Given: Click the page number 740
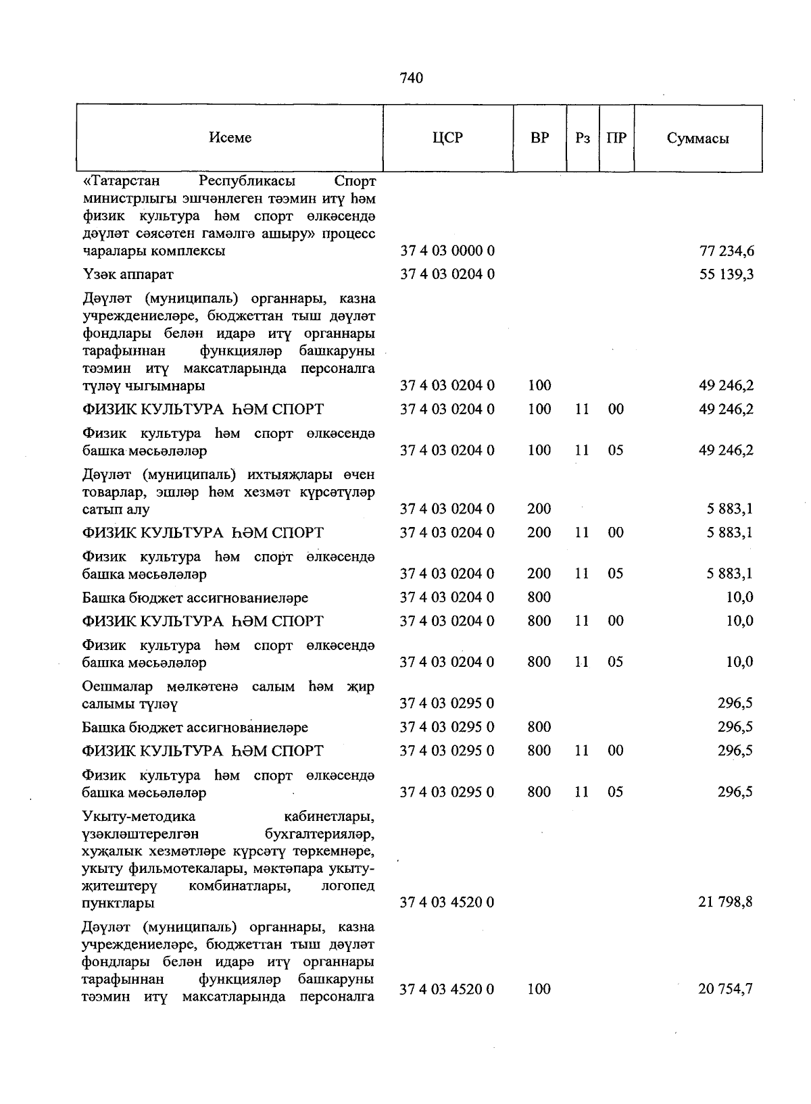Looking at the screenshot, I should coord(411,78).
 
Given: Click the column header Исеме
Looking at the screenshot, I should coord(230,138).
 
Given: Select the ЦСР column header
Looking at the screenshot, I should coord(447,138).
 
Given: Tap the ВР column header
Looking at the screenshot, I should coord(539,138).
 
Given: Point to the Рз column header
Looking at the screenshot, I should coord(583,138).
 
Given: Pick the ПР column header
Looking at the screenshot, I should coord(616,138).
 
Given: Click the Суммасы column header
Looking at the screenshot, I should coord(697,139).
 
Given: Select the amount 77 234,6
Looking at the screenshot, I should coord(727,251).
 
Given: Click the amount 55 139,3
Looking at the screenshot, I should coord(727,274).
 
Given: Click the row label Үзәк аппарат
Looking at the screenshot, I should coord(128,274).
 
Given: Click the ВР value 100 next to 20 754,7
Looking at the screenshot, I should coord(539,989).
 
